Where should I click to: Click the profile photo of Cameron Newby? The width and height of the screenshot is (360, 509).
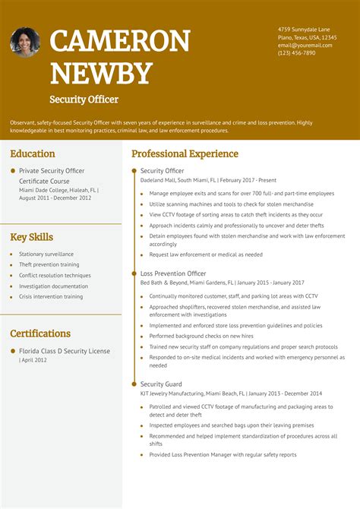(25, 43)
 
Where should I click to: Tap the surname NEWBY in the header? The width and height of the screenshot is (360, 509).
(101, 73)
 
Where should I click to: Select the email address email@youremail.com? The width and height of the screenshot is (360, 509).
(305, 45)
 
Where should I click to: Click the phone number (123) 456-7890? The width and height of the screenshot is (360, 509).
(296, 53)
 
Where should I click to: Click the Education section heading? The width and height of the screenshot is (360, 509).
(33, 153)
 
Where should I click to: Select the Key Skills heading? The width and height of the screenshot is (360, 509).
(32, 237)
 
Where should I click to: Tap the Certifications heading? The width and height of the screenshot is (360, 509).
(40, 334)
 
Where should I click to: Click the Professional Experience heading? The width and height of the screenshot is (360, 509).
(185, 153)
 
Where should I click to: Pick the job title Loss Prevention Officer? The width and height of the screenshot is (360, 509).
(173, 273)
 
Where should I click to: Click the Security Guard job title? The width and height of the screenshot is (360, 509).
(161, 384)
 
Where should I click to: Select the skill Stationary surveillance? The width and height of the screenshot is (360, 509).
(46, 254)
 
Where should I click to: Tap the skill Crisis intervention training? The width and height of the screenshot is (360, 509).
(51, 297)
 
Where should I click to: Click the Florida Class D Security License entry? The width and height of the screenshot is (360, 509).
(65, 351)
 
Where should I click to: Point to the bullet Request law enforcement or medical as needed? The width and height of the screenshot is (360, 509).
(206, 255)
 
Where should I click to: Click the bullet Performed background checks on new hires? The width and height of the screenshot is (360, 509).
(201, 336)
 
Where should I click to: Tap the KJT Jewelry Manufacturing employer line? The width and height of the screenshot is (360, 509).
(231, 394)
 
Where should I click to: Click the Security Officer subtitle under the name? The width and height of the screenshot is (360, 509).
(84, 100)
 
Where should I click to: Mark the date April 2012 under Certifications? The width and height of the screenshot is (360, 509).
(33, 360)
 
